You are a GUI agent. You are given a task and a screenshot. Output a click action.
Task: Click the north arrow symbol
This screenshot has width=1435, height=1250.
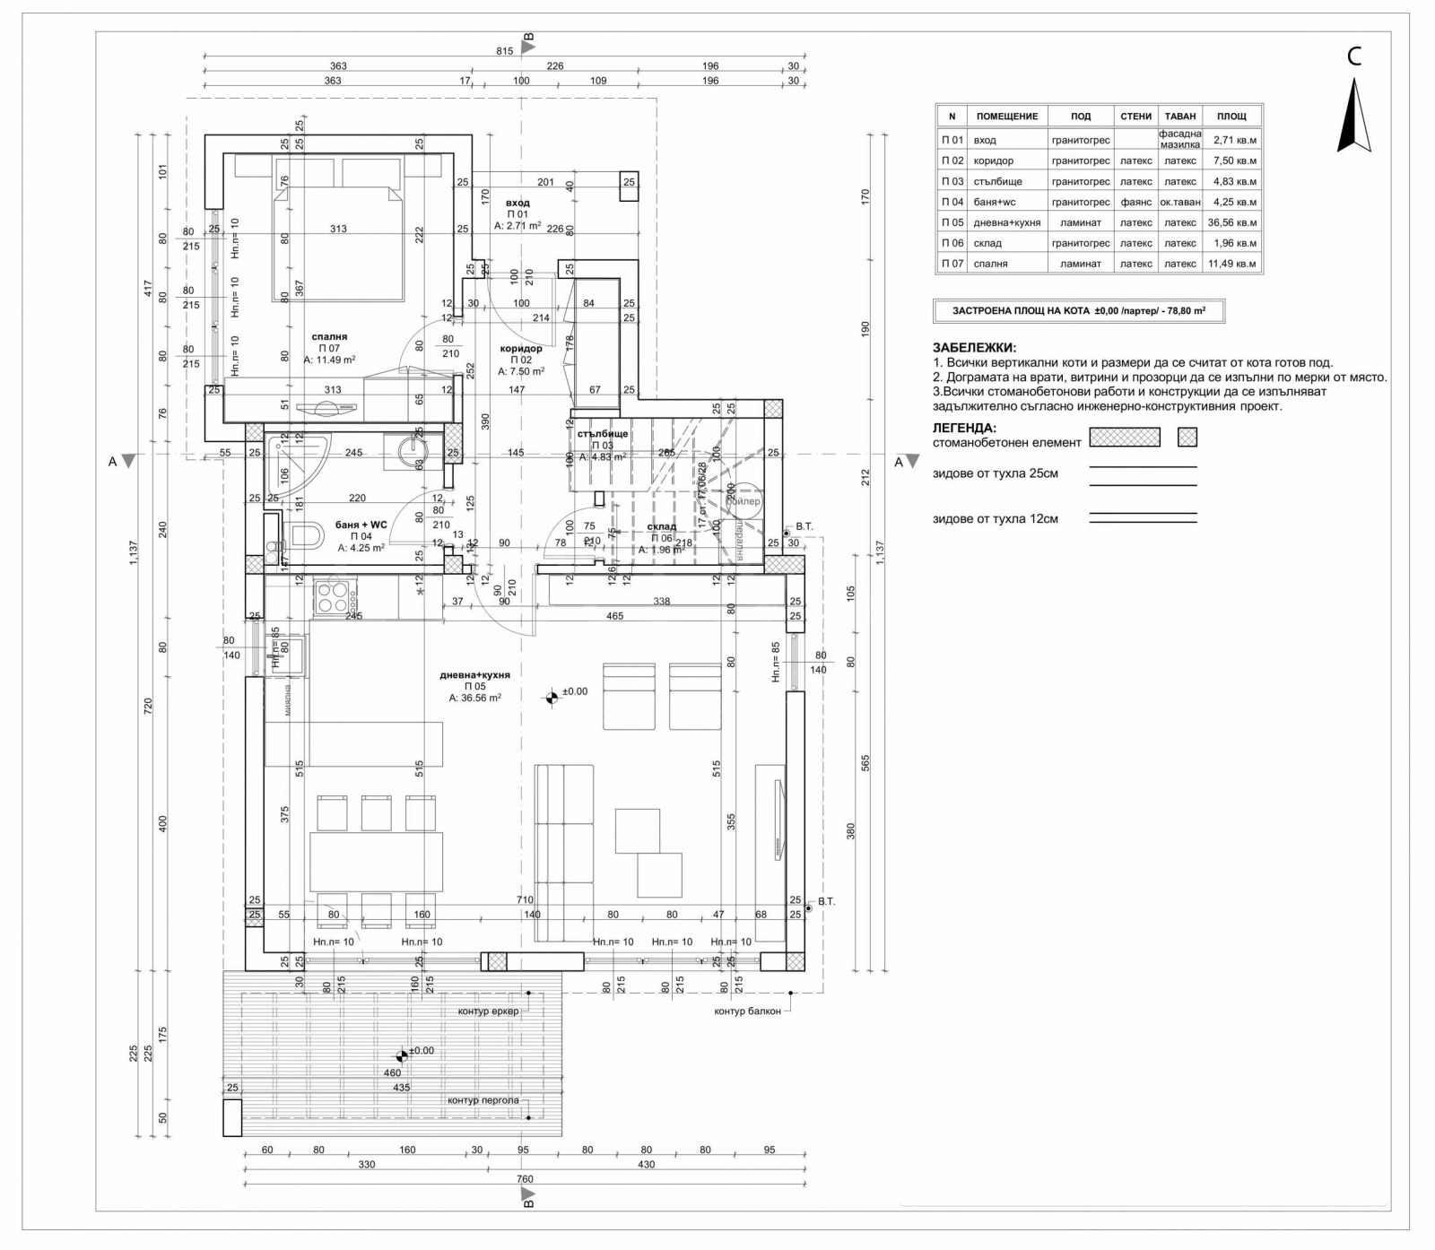1354,117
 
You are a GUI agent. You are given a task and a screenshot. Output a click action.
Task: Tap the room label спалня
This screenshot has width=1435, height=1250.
329,337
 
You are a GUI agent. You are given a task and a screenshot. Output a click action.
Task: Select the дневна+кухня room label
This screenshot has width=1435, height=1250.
474,675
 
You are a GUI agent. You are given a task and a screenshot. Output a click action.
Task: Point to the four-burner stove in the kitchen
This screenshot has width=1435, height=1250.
333,597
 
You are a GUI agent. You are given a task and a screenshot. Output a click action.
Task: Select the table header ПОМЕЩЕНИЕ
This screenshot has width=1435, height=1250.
1006,117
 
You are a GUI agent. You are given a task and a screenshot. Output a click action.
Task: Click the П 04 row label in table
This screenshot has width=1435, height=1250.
952,202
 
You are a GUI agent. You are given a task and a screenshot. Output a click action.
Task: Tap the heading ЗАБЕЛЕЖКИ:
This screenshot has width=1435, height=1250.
974,348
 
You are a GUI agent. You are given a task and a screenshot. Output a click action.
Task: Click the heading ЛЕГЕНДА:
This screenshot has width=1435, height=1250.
964,428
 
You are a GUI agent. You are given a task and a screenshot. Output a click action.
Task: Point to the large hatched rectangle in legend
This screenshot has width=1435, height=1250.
1124,438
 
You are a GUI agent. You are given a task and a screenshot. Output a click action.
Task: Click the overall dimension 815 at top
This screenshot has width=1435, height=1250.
505,51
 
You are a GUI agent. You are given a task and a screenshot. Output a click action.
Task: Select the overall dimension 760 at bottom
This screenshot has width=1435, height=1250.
525,1179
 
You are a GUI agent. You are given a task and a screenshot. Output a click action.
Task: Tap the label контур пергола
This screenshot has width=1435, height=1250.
483,1100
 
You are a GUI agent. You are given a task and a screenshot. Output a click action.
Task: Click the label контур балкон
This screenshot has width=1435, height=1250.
747,1011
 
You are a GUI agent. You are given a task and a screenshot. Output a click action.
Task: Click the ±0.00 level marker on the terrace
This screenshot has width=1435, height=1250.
402,1056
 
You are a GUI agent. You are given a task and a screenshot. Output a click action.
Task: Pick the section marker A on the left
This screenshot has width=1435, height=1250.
113,462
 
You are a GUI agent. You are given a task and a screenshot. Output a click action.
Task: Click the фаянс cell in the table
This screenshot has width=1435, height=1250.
1135,202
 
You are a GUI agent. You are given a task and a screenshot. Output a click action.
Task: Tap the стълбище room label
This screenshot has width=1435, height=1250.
603,434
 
